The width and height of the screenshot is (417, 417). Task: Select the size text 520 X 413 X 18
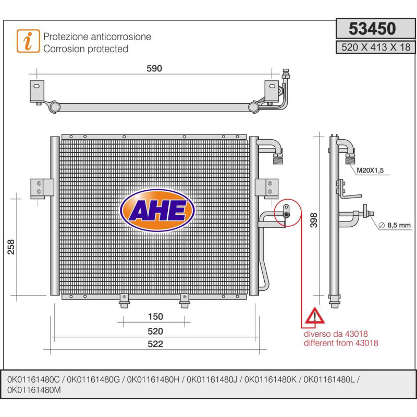click(374, 47)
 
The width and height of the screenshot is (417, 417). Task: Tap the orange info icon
click(28, 41)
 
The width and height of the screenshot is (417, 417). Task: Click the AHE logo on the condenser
click(157, 210)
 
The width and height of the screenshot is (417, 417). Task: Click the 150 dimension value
click(155, 316)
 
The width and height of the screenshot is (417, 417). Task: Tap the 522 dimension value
click(155, 344)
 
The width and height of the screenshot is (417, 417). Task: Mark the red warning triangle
click(314, 316)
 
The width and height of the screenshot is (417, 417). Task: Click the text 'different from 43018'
click(341, 343)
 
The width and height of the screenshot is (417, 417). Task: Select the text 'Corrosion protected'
click(85, 49)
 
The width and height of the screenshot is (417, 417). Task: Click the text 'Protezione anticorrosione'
click(97, 36)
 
